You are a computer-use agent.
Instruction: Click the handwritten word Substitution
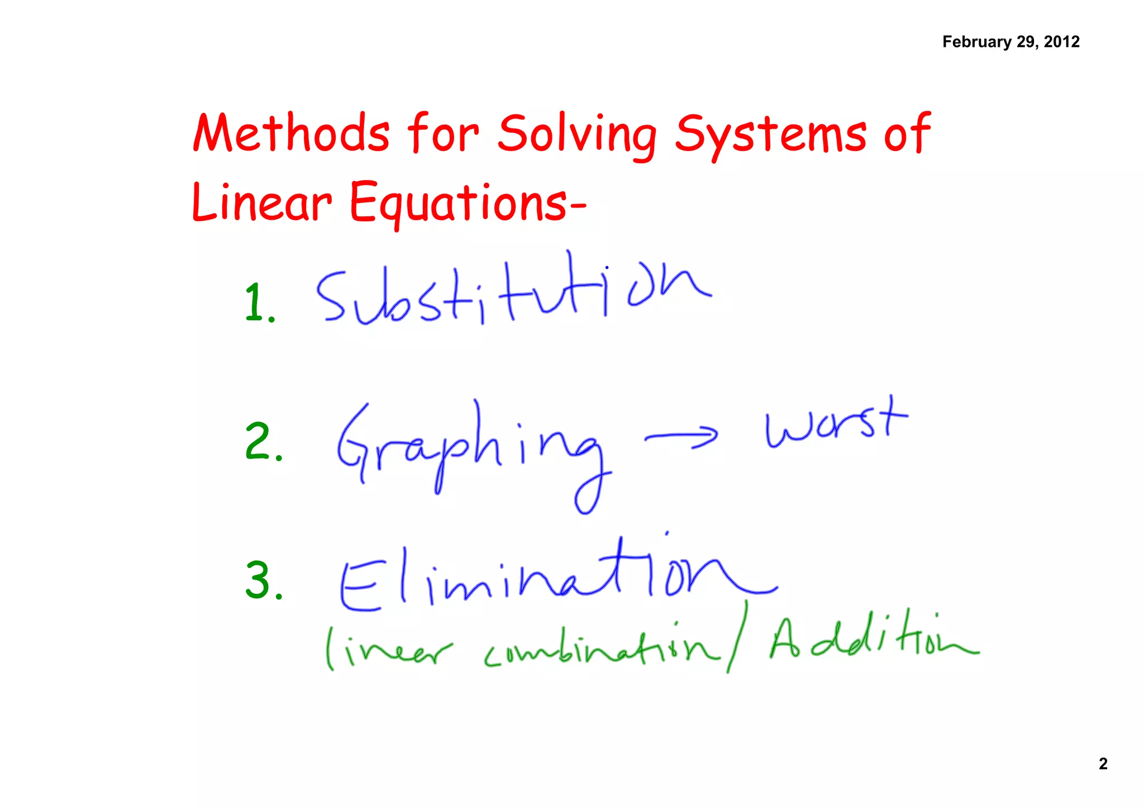(511, 294)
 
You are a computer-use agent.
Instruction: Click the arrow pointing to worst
(681, 437)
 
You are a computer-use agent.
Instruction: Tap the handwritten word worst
(835, 425)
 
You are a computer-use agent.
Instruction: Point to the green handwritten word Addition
(871, 640)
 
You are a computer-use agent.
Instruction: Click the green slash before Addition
(737, 637)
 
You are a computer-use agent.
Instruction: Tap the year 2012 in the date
(1061, 42)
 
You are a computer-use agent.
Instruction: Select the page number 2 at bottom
(1103, 764)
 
